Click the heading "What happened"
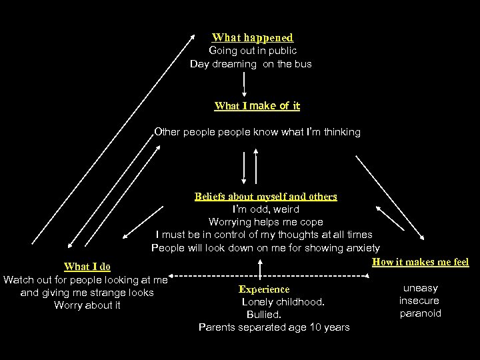[252, 38]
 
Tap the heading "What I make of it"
[257, 106]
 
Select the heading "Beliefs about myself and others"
[265, 197]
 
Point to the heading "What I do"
[87, 267]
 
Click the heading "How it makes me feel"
[420, 262]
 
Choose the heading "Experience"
[264, 289]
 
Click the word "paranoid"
[421, 313]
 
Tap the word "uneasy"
[421, 288]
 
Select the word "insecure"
[419, 301]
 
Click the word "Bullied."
[264, 314]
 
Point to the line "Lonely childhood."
[283, 302]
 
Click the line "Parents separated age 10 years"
[274, 327]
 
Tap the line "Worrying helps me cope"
[265, 222]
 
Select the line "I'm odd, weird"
[266, 209]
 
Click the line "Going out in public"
[253, 51]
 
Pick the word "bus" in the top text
[303, 64]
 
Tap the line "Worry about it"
[87, 305]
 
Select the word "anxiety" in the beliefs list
[362, 248]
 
